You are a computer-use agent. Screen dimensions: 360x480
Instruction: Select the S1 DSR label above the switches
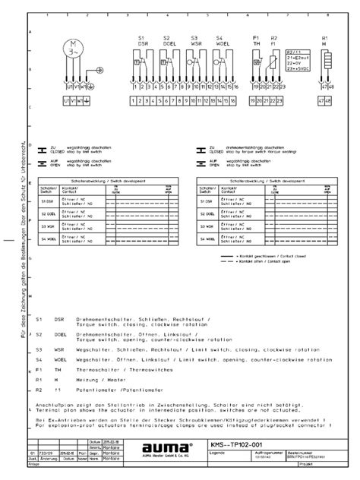[x=142, y=40]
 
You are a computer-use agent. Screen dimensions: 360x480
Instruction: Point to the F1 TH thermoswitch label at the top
[x=256, y=40]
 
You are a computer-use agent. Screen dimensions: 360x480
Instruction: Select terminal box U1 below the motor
[x=66, y=99]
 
